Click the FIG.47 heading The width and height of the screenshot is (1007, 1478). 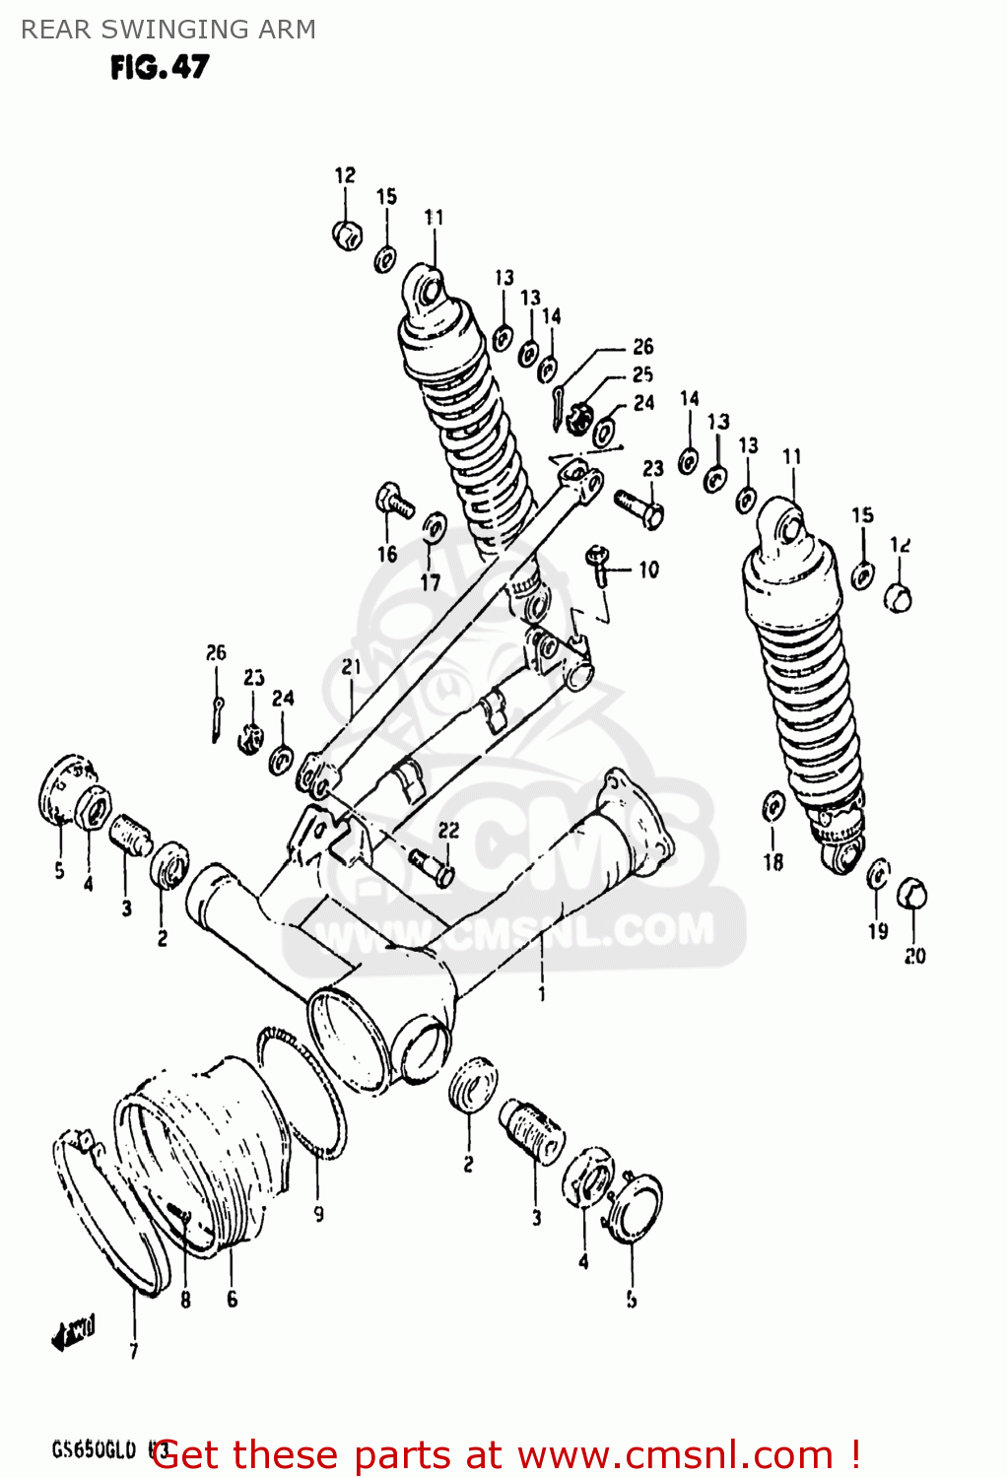click(160, 67)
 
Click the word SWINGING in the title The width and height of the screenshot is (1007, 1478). click(168, 30)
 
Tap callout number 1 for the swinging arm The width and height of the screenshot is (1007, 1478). click(542, 994)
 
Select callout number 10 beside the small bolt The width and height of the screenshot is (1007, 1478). click(648, 570)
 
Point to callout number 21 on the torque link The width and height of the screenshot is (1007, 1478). click(352, 667)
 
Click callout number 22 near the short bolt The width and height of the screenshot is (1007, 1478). click(448, 831)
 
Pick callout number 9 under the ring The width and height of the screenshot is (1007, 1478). click(318, 1214)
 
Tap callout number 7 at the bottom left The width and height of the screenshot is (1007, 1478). click(134, 1351)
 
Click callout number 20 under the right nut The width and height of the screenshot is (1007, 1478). click(914, 955)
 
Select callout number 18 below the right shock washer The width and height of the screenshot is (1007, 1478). click(773, 862)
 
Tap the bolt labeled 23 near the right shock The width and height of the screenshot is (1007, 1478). click(640, 507)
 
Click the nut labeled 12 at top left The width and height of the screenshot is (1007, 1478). click(347, 235)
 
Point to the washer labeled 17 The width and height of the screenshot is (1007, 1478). click(434, 528)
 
